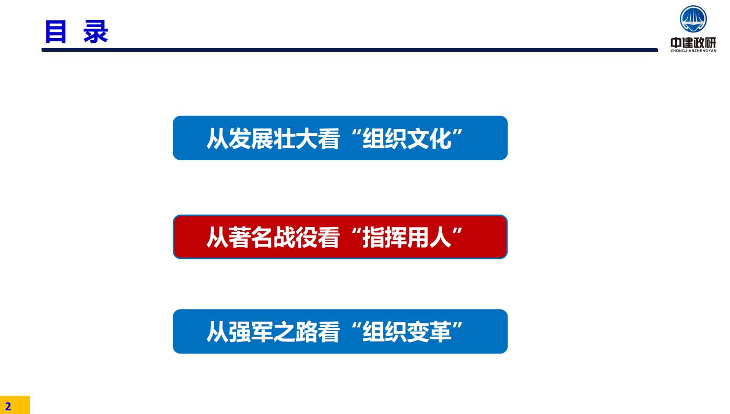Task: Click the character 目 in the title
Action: point(56,32)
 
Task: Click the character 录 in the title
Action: point(96,32)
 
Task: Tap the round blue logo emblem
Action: point(693,19)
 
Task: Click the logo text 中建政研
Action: point(693,42)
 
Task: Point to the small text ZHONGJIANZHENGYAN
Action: point(693,51)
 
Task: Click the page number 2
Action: point(8,406)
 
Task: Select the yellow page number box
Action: point(15,405)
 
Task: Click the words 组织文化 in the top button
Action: point(407,139)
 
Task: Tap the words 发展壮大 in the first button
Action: point(273,139)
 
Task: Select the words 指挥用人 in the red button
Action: point(407,237)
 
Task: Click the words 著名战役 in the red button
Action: point(273,237)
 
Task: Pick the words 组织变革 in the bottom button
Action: point(407,332)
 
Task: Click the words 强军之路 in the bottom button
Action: point(273,332)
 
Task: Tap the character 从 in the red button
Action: point(217,237)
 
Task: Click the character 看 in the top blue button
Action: point(328,139)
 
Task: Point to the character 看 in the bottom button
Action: point(328,332)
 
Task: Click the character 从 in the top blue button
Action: point(217,139)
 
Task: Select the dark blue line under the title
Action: point(350,50)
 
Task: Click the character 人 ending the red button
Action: point(440,237)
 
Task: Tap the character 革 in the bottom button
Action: point(440,332)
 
